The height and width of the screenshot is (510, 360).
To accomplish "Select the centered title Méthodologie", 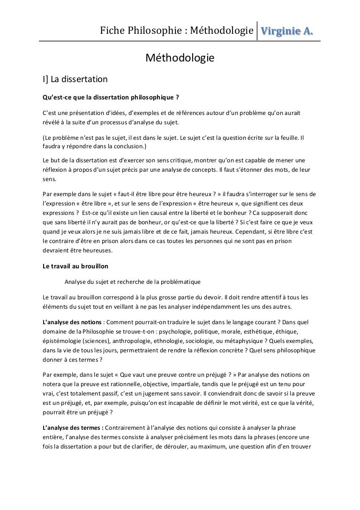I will coord(180,58).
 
